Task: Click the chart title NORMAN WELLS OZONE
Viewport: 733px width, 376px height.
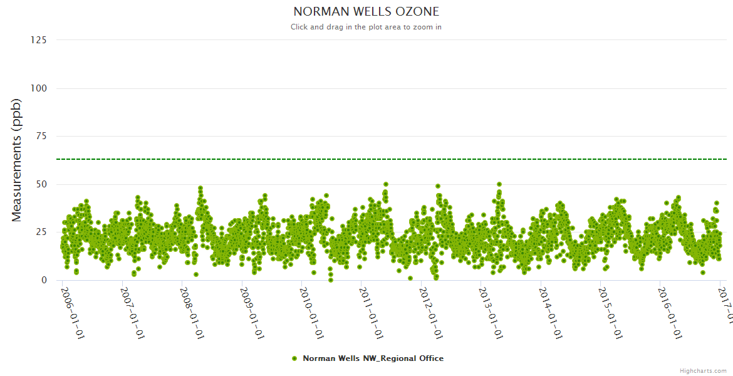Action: (366, 12)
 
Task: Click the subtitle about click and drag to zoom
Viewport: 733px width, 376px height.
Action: (366, 27)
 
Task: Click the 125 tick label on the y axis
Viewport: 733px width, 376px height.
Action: (38, 40)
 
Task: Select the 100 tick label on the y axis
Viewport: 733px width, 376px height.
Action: (38, 88)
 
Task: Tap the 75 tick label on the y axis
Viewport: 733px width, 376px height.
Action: (41, 137)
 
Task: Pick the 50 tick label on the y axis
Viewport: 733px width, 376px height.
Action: (41, 184)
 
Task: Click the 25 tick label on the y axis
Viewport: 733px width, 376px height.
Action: (41, 232)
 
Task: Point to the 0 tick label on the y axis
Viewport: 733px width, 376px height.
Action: (43, 280)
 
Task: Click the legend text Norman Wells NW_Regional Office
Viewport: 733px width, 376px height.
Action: (373, 358)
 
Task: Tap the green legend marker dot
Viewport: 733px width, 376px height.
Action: (294, 358)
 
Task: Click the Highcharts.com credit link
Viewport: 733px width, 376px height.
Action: (703, 370)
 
